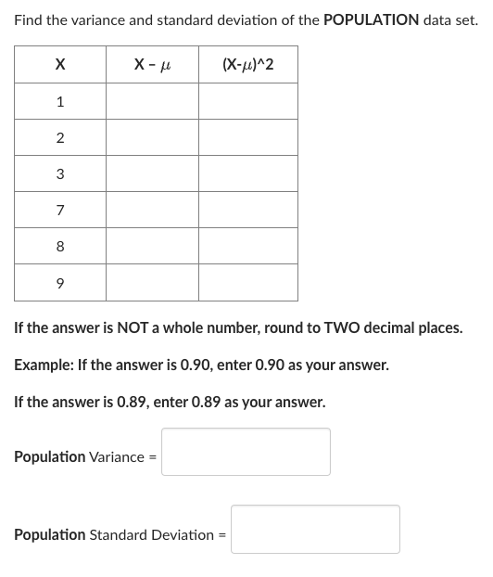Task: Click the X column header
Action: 60,64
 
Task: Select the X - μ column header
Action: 152,64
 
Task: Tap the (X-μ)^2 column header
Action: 247,64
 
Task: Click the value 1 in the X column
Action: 60,102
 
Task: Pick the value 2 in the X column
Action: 60,138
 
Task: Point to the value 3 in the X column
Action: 60,174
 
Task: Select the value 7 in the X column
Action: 60,211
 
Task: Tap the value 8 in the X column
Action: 60,247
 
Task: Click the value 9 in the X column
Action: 60,283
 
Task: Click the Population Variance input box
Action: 246,452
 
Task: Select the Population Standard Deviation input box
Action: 315,529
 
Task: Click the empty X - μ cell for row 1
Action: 152,102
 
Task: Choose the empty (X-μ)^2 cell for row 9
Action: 247,283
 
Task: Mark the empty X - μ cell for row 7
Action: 152,211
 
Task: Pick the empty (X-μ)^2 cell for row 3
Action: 247,174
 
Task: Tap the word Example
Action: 43,365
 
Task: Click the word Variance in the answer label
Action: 116,457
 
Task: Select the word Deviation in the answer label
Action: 184,535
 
